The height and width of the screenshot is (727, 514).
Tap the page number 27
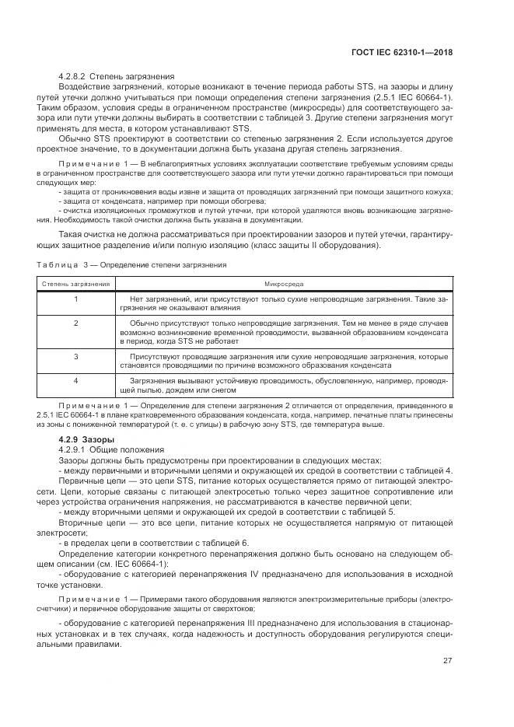tap(446, 661)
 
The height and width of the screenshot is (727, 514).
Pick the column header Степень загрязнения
tap(76, 284)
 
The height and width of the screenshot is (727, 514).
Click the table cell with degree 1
tap(76, 299)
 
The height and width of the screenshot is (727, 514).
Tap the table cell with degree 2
tap(76, 322)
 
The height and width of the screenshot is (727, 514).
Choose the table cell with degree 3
tap(76, 355)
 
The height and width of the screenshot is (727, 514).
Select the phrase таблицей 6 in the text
tap(222, 542)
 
